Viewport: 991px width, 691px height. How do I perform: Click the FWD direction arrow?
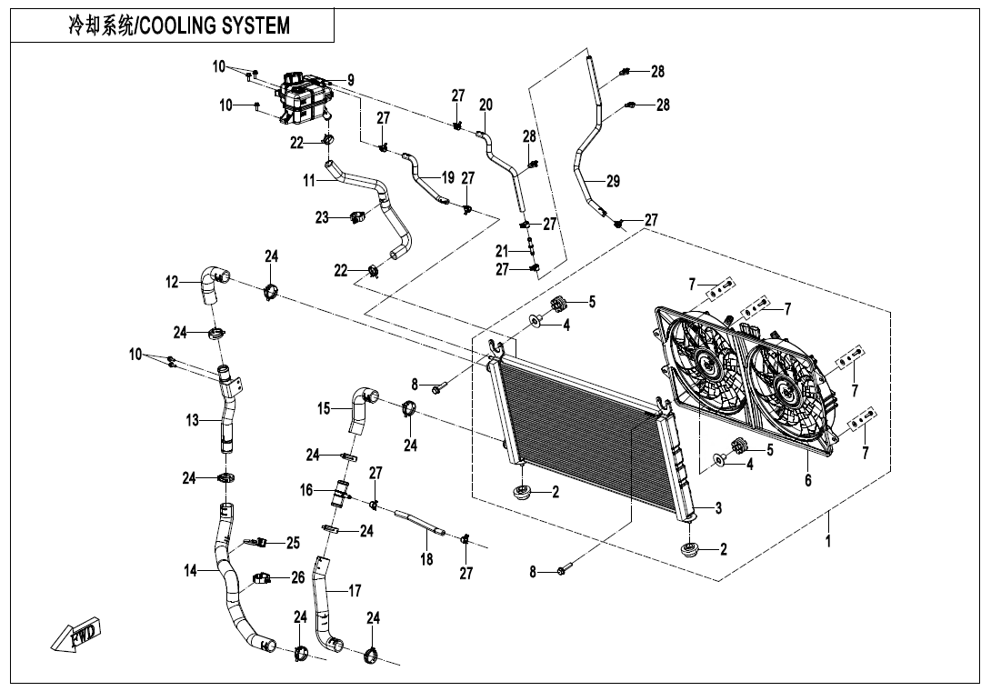click(76, 636)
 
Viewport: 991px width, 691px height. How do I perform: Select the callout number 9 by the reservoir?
click(350, 81)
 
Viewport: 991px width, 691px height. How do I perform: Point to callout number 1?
click(827, 540)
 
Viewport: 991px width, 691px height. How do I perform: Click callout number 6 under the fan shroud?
click(807, 480)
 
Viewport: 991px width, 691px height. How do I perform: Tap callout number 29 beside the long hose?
click(613, 182)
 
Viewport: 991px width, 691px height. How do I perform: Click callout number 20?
click(485, 105)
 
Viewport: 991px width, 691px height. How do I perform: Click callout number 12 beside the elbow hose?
click(172, 283)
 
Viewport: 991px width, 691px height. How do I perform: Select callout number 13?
click(193, 420)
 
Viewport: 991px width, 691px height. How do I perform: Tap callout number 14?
click(190, 572)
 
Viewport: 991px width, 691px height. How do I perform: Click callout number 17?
click(355, 591)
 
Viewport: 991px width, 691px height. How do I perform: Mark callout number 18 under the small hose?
click(426, 560)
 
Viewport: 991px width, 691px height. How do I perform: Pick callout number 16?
click(306, 490)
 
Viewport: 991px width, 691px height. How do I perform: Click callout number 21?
click(501, 251)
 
